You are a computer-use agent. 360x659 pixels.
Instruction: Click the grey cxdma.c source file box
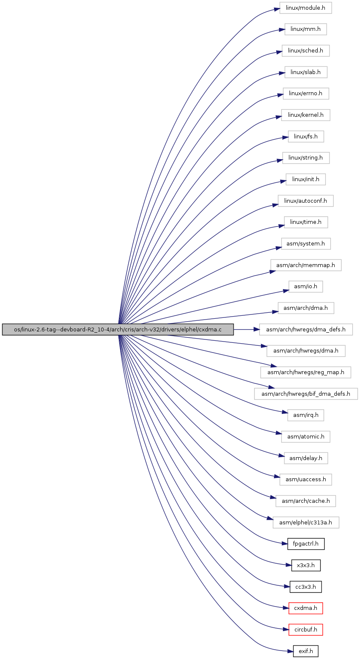click(118, 329)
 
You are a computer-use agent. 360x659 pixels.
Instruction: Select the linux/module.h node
click(305, 8)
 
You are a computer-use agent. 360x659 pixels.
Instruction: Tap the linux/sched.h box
click(305, 51)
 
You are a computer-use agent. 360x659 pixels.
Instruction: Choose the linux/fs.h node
click(305, 137)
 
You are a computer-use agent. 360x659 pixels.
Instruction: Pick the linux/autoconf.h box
click(305, 201)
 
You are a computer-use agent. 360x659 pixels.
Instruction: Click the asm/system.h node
click(305, 244)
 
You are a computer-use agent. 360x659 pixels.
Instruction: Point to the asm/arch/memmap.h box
click(305, 265)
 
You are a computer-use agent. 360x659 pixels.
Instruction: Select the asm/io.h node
click(305, 287)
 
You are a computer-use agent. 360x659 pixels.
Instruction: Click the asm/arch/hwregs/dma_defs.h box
click(305, 329)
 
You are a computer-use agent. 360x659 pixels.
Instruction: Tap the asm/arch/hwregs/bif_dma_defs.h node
click(305, 394)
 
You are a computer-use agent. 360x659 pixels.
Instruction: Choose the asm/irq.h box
click(305, 415)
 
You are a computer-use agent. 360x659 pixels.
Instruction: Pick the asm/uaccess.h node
click(305, 479)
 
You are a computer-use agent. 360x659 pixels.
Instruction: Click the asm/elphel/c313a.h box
click(305, 522)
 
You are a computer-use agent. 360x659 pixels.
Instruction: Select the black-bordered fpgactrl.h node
click(305, 544)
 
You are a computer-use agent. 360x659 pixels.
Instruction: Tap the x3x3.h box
click(305, 565)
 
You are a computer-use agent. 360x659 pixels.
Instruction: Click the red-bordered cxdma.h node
click(305, 608)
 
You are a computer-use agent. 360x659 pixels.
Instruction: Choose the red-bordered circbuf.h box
click(305, 629)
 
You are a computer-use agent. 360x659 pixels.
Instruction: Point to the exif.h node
click(305, 651)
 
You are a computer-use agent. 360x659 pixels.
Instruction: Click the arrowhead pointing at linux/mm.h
click(282, 30)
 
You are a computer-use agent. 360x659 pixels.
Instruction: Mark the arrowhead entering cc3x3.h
click(287, 586)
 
